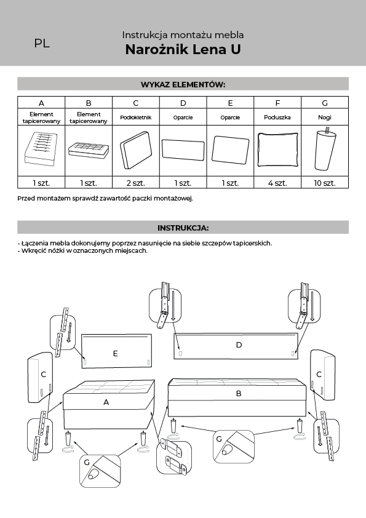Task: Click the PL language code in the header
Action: [42, 43]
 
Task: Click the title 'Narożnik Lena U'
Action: [183, 50]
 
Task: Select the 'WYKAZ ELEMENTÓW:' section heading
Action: [183, 84]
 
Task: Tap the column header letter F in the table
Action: [277, 103]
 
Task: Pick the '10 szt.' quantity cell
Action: [325, 183]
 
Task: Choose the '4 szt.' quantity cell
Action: [277, 183]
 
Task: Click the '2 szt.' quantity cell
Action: [136, 183]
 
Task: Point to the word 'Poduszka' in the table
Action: [277, 118]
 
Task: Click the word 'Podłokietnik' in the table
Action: [136, 118]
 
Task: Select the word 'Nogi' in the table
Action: [325, 118]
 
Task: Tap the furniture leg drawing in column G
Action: [325, 149]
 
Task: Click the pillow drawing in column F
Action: [277, 149]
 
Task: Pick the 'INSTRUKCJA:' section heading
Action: [183, 228]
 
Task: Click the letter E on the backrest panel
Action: [115, 354]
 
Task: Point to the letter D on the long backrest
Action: [239, 345]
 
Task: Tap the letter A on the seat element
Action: [106, 402]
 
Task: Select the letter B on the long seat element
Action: [239, 394]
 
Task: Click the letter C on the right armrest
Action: [319, 374]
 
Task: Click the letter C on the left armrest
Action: [43, 374]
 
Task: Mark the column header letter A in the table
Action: [41, 103]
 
